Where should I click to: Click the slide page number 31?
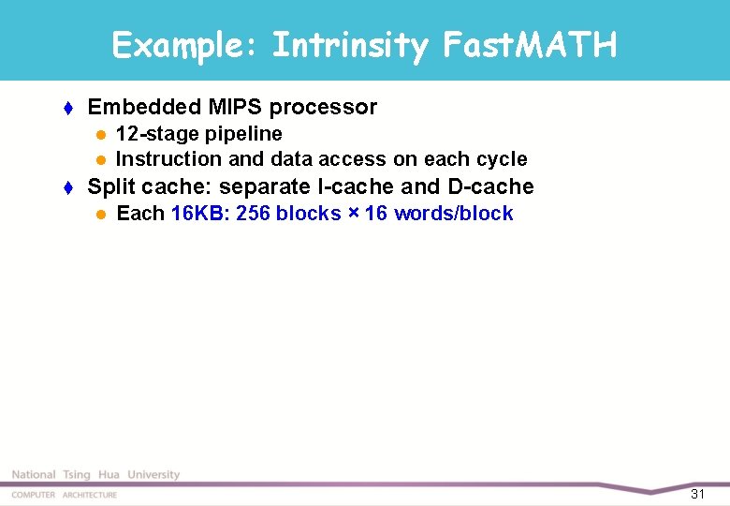coord(697,494)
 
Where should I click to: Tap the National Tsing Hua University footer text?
coord(95,475)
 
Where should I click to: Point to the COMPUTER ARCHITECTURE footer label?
coord(65,495)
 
